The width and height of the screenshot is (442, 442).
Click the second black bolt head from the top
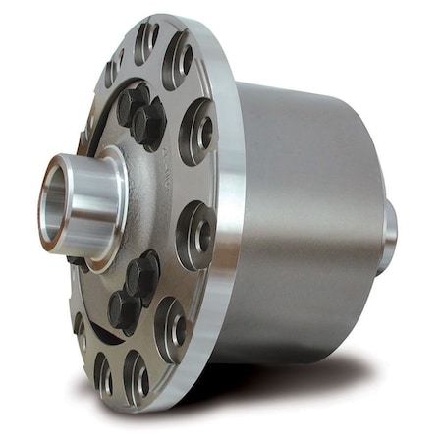coord(147,125)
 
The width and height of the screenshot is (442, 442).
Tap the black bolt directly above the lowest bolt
coord(142,274)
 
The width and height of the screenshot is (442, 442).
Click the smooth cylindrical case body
coord(304,216)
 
